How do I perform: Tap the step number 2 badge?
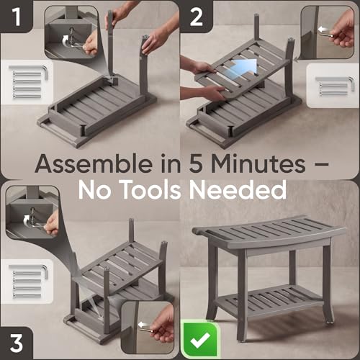click(196, 17)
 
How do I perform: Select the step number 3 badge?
click(17, 343)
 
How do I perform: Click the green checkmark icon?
click(200, 339)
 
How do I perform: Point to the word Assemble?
click(94, 163)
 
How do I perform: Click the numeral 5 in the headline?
click(196, 164)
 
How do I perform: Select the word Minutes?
click(258, 164)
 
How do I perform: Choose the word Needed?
click(238, 190)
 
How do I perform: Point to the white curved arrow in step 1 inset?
click(66, 41)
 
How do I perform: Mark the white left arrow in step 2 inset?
click(323, 30)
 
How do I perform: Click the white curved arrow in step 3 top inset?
click(27, 220)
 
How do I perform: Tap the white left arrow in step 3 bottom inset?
click(143, 325)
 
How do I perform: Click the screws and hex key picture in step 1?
click(28, 82)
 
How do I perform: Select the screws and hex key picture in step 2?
click(334, 86)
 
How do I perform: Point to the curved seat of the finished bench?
click(269, 233)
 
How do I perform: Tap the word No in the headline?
click(94, 190)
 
